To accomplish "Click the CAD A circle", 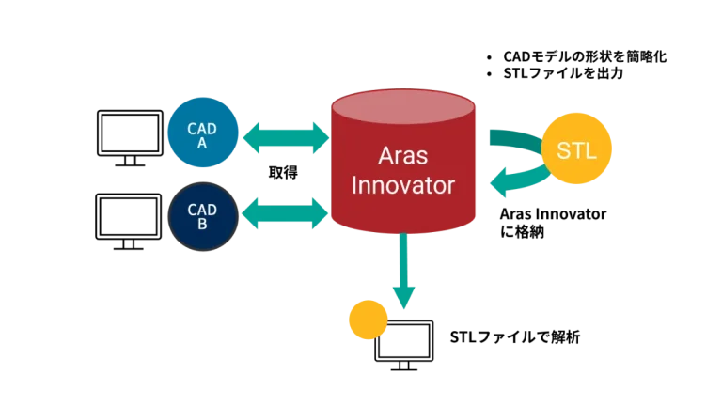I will (x=202, y=135).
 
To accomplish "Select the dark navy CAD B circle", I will (x=202, y=217).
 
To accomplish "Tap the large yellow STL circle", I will (x=577, y=149).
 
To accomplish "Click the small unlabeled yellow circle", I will (x=367, y=320).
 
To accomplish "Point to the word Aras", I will (x=402, y=155).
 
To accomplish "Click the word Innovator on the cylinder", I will (x=402, y=185).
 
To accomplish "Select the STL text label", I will (x=577, y=150).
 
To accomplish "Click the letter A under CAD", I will (x=202, y=144).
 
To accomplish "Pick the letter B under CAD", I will (x=202, y=225).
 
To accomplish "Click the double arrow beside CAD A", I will (x=286, y=137).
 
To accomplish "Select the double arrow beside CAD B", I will (x=286, y=214).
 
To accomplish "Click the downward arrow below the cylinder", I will (x=403, y=273).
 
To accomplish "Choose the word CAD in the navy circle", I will (x=202, y=210).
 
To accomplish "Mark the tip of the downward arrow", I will (x=403, y=310).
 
